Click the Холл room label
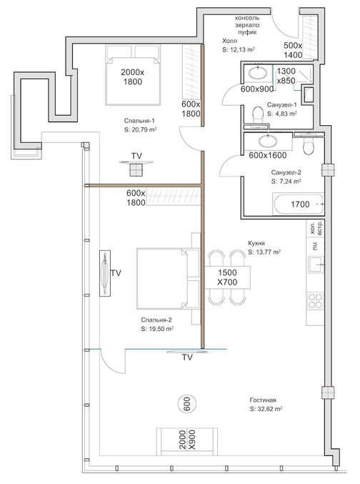pyautogui.click(x=230, y=41)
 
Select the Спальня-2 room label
pyautogui.click(x=156, y=320)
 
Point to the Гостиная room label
pyautogui.click(x=263, y=400)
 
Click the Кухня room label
pyautogui.click(x=256, y=243)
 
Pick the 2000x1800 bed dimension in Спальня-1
pyautogui.click(x=133, y=77)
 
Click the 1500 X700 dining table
pyautogui.click(x=228, y=277)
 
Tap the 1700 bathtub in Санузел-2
pyautogui.click(x=299, y=204)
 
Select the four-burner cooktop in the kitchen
pyautogui.click(x=315, y=301)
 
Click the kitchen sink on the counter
pyautogui.click(x=316, y=265)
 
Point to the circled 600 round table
pyautogui.click(x=187, y=404)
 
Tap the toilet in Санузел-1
pyautogui.click(x=256, y=114)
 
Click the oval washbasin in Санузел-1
pyautogui.click(x=258, y=74)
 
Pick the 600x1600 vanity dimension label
pyautogui.click(x=268, y=155)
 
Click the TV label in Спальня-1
pyautogui.click(x=136, y=156)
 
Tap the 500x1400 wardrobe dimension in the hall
pyautogui.click(x=293, y=50)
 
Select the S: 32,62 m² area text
pyautogui.click(x=266, y=409)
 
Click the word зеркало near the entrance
pyautogui.click(x=247, y=25)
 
